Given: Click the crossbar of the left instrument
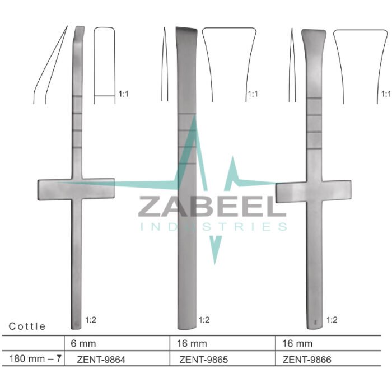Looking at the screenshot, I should tap(76, 189).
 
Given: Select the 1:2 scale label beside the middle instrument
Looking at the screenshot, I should tap(204, 321).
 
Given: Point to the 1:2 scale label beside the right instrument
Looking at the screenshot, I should tap(331, 321).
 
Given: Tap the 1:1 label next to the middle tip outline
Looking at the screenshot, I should tap(252, 95).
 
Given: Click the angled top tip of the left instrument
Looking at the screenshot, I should tap(78, 30).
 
